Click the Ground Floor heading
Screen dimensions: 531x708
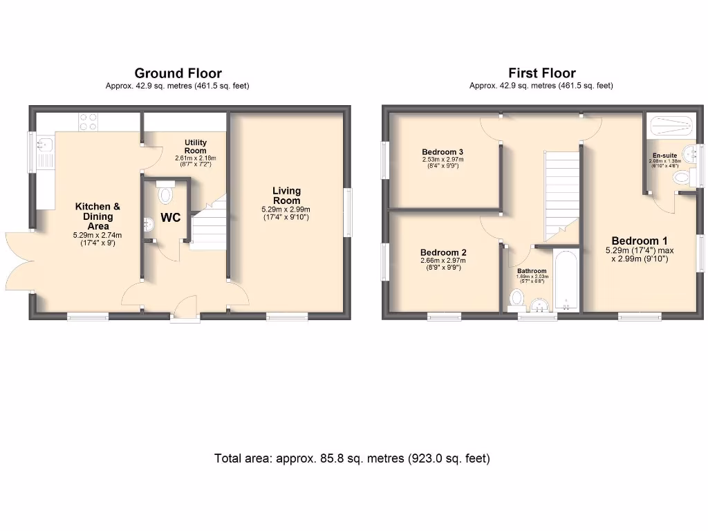tap(178, 73)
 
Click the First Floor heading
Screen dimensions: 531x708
tap(541, 73)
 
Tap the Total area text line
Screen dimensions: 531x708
tap(352, 458)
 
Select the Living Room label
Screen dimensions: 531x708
tap(286, 196)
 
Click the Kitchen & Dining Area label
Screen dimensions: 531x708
tap(97, 216)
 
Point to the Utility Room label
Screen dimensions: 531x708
tap(195, 147)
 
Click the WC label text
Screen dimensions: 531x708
tap(171, 218)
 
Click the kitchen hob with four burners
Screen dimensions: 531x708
tap(88, 122)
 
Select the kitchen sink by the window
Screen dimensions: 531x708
tap(45, 145)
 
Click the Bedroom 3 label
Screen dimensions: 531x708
tap(442, 152)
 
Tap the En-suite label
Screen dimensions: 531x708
tap(664, 156)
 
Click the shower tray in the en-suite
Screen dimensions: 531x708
tap(671, 127)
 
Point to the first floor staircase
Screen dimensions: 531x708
tap(561, 194)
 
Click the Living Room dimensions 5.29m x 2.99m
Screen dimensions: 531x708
tap(286, 210)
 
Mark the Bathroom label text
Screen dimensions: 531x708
tap(532, 271)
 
